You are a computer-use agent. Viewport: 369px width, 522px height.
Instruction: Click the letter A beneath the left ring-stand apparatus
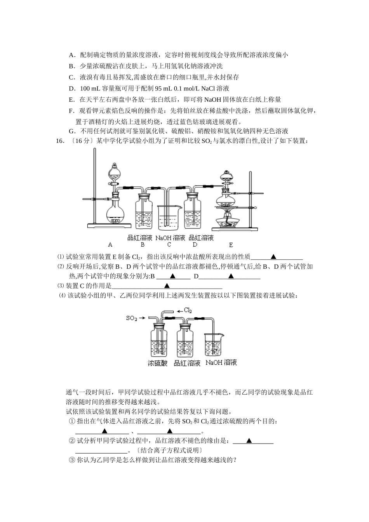(110, 245)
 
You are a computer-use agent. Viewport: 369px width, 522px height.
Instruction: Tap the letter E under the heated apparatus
(231, 245)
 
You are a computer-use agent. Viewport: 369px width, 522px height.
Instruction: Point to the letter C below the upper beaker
(169, 245)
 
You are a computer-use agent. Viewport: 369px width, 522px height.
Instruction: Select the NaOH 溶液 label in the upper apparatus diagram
(170, 238)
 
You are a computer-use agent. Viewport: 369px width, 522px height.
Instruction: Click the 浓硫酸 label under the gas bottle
(157, 364)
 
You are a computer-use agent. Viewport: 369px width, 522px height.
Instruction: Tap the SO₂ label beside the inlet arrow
(132, 318)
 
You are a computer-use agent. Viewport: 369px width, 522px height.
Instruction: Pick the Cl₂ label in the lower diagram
(188, 310)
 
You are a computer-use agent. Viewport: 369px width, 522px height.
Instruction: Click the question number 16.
(60, 141)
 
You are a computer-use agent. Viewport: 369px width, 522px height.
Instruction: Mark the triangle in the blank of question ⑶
(167, 286)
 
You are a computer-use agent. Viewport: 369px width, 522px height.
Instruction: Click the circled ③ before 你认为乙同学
(71, 460)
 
